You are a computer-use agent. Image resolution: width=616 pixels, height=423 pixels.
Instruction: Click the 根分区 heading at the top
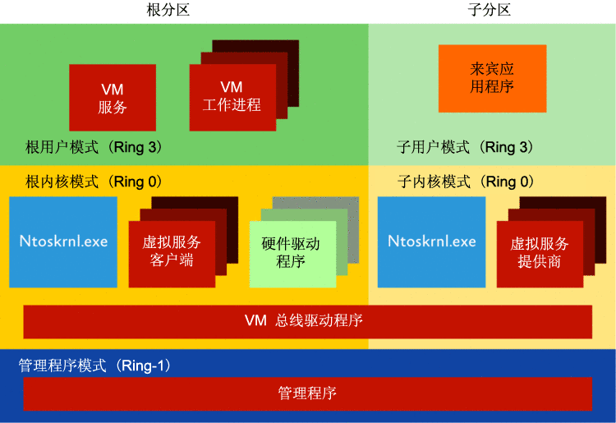click(x=173, y=10)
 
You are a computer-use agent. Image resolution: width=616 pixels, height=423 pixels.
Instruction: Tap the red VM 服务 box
click(x=113, y=98)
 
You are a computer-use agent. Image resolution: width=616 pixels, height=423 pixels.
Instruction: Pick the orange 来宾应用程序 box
click(x=492, y=78)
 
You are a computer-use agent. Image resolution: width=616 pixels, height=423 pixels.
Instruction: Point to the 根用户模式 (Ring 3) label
click(x=94, y=147)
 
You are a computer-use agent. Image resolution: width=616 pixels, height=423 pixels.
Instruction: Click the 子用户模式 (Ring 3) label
click(x=466, y=147)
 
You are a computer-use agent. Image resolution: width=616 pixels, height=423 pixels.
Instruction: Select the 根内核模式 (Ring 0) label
click(x=94, y=181)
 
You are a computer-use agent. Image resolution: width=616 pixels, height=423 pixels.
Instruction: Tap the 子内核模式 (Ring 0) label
click(x=466, y=181)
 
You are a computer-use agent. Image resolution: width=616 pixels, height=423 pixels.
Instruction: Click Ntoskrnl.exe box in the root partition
click(x=64, y=241)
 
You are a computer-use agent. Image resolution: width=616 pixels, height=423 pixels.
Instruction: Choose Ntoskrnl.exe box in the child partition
click(x=432, y=241)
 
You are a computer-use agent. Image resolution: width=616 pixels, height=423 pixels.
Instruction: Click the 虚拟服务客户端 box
click(x=171, y=251)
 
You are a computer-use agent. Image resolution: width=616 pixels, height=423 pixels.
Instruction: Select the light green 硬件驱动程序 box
click(x=292, y=253)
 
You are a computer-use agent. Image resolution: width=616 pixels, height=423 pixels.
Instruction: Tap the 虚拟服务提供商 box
click(x=539, y=253)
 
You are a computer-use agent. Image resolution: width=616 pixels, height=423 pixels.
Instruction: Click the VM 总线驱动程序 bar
click(x=307, y=320)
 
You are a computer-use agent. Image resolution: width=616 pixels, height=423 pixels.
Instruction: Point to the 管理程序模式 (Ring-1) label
click(x=94, y=366)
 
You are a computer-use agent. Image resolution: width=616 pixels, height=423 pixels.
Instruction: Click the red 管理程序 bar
click(x=307, y=393)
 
